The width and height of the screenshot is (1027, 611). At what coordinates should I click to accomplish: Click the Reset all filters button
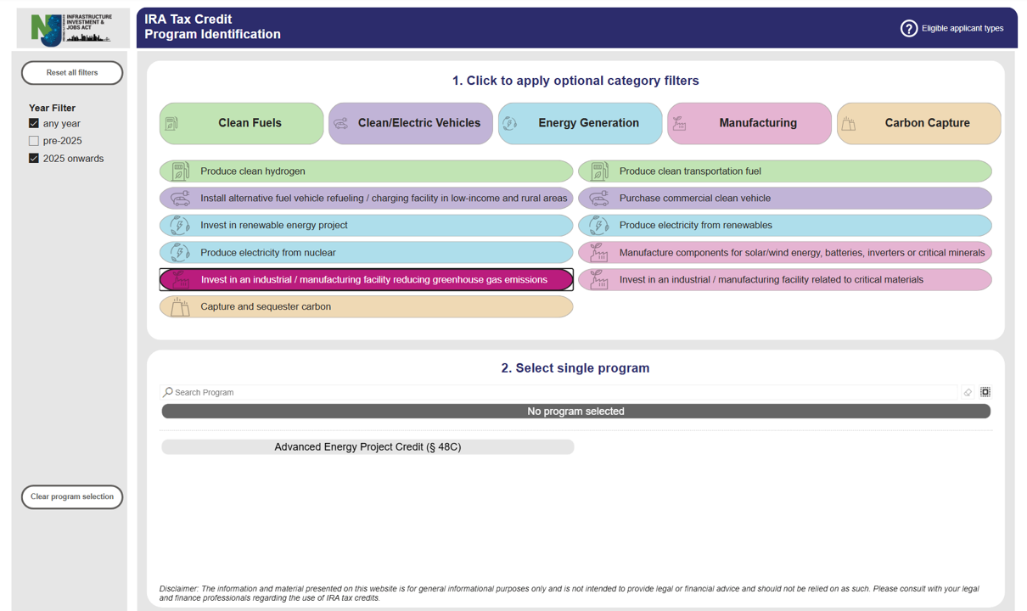pyautogui.click(x=72, y=73)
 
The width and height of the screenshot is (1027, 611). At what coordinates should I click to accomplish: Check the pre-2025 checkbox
pyautogui.click(x=34, y=141)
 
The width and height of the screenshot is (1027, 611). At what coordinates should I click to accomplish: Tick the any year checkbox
pyautogui.click(x=34, y=123)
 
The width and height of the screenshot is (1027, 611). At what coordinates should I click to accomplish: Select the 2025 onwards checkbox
pyautogui.click(x=34, y=159)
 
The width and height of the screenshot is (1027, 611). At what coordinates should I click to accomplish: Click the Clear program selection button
pyautogui.click(x=72, y=497)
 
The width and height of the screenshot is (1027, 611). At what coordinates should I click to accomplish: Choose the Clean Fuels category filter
pyautogui.click(x=241, y=123)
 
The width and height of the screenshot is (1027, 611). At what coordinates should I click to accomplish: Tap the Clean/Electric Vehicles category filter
pyautogui.click(x=410, y=123)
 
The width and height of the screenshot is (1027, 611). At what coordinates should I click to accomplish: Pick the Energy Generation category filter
pyautogui.click(x=580, y=123)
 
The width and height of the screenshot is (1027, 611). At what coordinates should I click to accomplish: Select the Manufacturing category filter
pyautogui.click(x=749, y=123)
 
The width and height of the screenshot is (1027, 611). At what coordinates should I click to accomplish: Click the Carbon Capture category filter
pyautogui.click(x=918, y=123)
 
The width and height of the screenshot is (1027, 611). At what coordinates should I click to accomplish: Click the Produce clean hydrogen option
pyautogui.click(x=366, y=171)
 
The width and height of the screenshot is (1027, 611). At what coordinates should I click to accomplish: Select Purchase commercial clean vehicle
pyautogui.click(x=784, y=199)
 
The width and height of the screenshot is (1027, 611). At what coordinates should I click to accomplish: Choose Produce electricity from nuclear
pyautogui.click(x=366, y=253)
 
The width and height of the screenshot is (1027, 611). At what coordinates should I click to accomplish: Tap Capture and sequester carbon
pyautogui.click(x=366, y=307)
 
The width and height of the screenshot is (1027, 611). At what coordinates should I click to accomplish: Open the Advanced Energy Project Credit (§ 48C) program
pyautogui.click(x=368, y=447)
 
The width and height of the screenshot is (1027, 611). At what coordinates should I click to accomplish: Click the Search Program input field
pyautogui.click(x=560, y=393)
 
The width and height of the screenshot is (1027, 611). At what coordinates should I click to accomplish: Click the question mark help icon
pyautogui.click(x=908, y=29)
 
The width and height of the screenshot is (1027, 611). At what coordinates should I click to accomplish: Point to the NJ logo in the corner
pyautogui.click(x=72, y=29)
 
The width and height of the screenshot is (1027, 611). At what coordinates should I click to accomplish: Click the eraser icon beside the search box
pyautogui.click(x=968, y=393)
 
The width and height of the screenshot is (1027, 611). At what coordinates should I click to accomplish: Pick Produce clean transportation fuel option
pyautogui.click(x=784, y=171)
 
